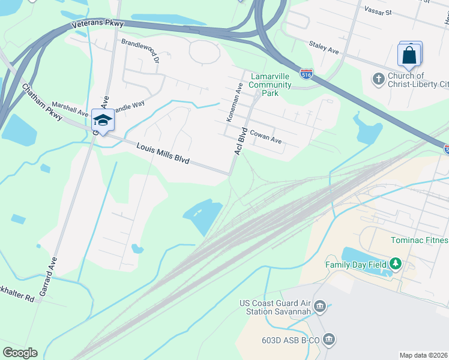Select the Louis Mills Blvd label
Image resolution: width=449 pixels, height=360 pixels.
click(x=163, y=154)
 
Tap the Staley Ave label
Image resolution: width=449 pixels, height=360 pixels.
click(x=325, y=45)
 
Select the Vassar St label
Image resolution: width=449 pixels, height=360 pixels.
click(x=377, y=11)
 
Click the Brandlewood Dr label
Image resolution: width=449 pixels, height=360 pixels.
click(x=140, y=50)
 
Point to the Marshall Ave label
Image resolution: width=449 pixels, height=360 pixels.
click(x=70, y=108)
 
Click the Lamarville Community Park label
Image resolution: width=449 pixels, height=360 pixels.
click(x=270, y=85)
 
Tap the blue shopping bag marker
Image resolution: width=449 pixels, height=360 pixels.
click(x=409, y=56)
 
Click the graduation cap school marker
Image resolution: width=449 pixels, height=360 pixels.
click(x=103, y=120)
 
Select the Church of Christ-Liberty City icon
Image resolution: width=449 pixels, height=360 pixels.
click(x=378, y=79)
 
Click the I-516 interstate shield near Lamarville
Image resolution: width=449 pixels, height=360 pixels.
click(x=307, y=74)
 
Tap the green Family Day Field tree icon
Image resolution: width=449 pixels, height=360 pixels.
click(x=395, y=263)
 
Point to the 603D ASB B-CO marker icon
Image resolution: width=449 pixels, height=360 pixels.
click(x=328, y=340)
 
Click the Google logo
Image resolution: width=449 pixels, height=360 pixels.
click(x=20, y=353)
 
